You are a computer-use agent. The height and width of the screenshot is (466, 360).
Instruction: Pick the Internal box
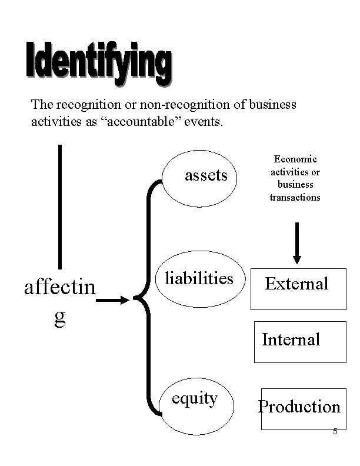tap(299, 341)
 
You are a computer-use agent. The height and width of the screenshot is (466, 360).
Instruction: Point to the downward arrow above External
tap(297, 242)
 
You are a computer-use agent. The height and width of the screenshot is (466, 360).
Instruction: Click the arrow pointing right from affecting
tap(112, 301)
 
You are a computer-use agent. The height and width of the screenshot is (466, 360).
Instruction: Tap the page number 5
tap(335, 432)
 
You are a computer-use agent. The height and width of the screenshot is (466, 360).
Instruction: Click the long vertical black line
tap(60, 207)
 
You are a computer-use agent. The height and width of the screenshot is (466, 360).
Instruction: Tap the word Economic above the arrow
tap(295, 159)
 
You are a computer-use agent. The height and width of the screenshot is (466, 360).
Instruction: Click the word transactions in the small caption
tap(295, 198)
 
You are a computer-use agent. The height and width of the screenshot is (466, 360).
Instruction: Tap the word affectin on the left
tap(59, 289)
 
